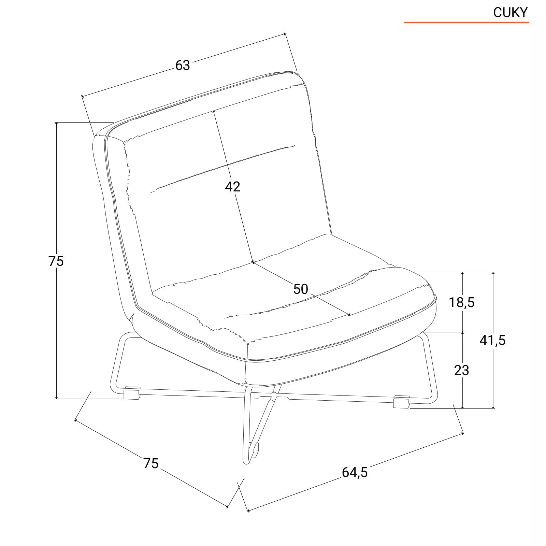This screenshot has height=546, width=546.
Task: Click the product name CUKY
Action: pos(510,13)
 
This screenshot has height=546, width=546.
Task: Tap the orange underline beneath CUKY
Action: pos(466,23)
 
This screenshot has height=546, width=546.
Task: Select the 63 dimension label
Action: pos(183,65)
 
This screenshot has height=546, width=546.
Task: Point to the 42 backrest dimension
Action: pos(232,187)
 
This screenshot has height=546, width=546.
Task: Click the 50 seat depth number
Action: pos(301,289)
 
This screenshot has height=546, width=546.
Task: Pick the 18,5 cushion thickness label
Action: pos(461,303)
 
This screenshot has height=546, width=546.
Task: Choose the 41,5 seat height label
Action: pos(492,340)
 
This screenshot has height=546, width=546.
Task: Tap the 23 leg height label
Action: pos(461,370)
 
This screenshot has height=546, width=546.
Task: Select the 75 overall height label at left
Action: pos(56,261)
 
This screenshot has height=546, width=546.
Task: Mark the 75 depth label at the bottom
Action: pos(151,463)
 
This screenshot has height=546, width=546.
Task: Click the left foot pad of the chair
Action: pos(131,393)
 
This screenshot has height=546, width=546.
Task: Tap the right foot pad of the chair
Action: pos(401,402)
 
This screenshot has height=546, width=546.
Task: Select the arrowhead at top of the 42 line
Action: pos(214,112)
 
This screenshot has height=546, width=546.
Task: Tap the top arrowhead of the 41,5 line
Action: pos(493,274)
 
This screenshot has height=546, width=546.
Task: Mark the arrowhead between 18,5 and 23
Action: pos(462,332)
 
